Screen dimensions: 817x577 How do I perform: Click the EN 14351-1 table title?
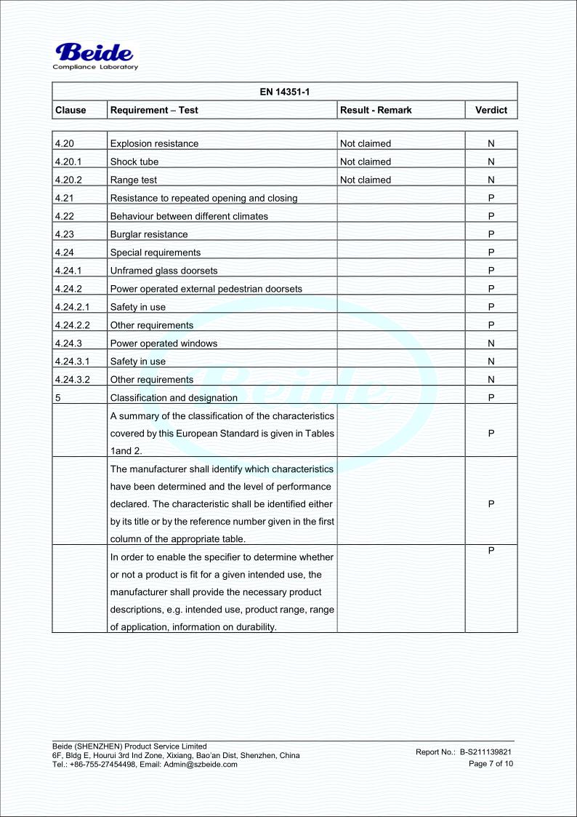(284, 91)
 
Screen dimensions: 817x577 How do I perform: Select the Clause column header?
(70, 110)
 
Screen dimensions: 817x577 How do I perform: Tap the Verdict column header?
(491, 110)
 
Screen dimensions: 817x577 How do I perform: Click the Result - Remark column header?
(376, 110)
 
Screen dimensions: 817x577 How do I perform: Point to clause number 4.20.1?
(70, 162)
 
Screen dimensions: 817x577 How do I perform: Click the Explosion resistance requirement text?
(153, 144)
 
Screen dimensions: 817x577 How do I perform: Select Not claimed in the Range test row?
(366, 180)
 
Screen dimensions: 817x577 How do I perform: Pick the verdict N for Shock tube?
(491, 162)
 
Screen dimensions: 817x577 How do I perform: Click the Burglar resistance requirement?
(148, 234)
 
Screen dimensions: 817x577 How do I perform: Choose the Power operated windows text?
(164, 343)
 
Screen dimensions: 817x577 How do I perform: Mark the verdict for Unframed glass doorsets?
(491, 271)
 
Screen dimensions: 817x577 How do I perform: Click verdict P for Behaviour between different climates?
(491, 216)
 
